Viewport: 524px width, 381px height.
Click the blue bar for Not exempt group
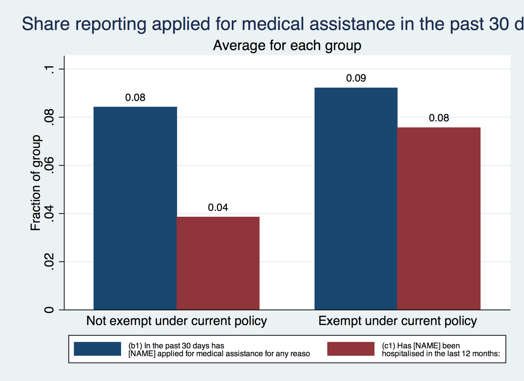[135, 208]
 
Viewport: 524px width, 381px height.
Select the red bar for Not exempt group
[218, 263]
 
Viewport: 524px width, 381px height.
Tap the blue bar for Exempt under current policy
[356, 199]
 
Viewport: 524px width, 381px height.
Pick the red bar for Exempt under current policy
[439, 218]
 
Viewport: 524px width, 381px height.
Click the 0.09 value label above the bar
[356, 78]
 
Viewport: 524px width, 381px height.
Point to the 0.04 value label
[218, 208]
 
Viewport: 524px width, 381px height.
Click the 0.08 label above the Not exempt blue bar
[135, 98]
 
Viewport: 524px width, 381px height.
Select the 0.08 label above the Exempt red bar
[439, 118]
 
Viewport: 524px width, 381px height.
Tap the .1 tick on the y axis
[49, 69]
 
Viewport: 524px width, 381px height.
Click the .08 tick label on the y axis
[49, 118]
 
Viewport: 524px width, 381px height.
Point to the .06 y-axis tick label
[49, 166]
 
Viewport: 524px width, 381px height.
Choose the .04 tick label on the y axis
[49, 214]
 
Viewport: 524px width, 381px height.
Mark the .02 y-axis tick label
[49, 262]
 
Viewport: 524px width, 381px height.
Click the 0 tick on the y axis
[49, 310]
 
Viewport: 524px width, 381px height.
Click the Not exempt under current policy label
[177, 321]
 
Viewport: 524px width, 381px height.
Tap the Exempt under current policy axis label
[398, 321]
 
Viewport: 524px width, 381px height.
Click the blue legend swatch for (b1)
[97, 349]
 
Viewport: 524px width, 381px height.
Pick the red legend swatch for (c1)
[351, 349]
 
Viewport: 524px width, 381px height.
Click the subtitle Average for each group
[287, 45]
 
